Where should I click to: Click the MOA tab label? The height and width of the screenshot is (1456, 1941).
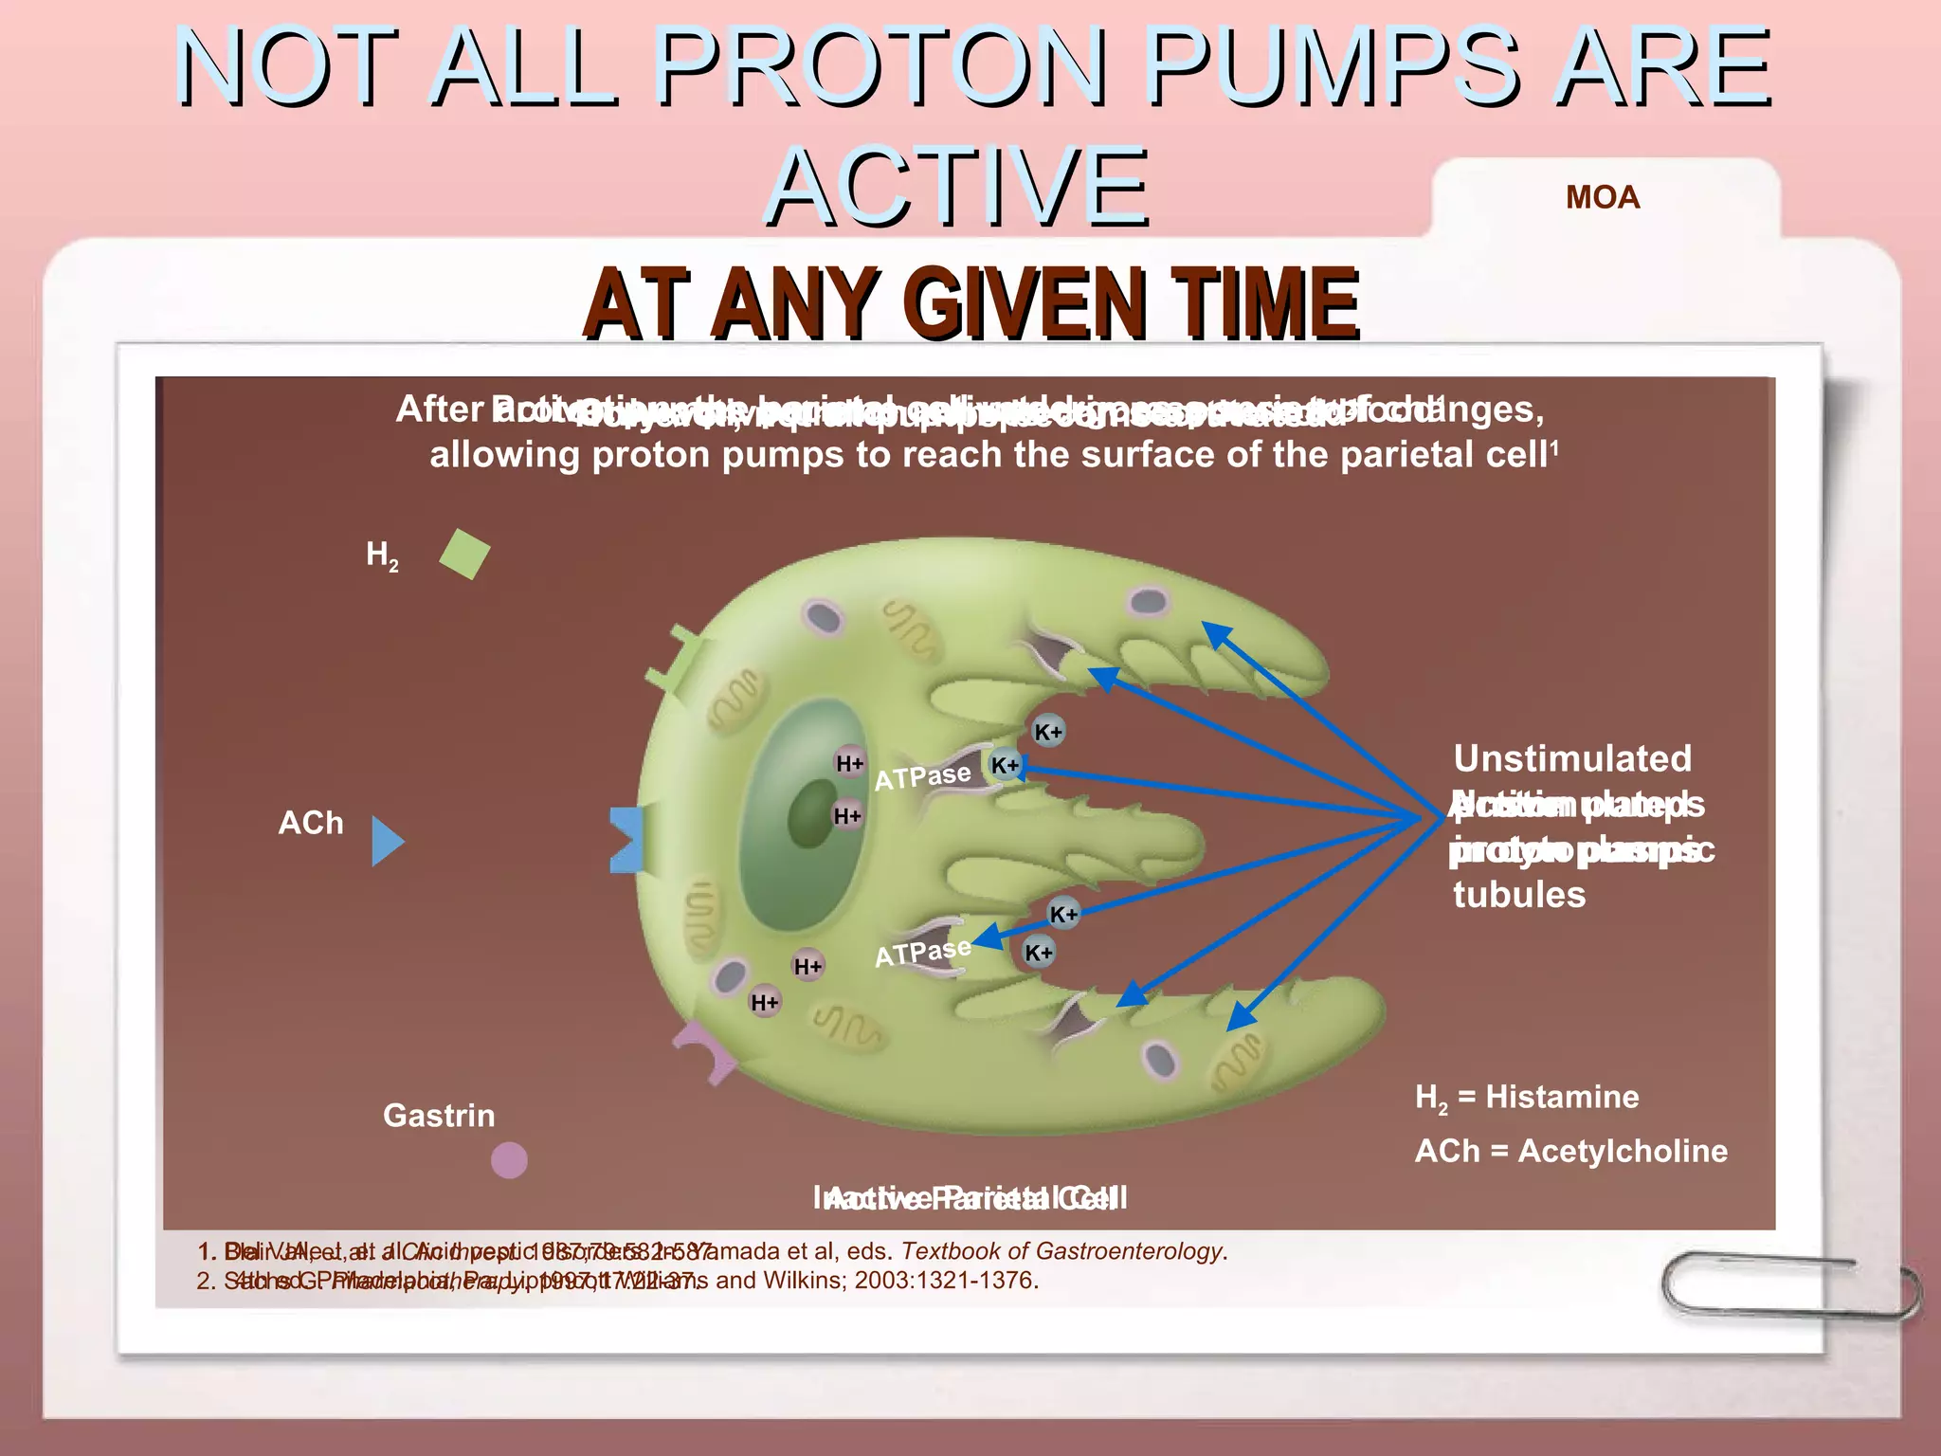(x=1602, y=197)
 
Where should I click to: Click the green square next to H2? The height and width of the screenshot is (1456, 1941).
(x=464, y=554)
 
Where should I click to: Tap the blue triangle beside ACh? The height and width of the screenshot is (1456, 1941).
(x=386, y=841)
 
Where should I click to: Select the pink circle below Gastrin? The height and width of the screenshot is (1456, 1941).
(x=509, y=1159)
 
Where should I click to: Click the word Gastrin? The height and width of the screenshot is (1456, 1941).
(x=439, y=1116)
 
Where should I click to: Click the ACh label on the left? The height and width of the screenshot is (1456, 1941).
(x=311, y=823)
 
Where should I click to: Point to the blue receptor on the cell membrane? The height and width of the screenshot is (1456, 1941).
(x=626, y=840)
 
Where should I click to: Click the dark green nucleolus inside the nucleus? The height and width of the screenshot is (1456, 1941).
(x=812, y=814)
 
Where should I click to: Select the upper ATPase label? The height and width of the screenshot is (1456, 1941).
(x=922, y=777)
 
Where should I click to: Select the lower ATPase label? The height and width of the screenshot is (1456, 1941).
(x=922, y=953)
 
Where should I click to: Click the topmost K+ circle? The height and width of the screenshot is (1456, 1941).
(x=1048, y=732)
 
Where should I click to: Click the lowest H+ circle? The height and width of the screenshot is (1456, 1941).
(x=765, y=1002)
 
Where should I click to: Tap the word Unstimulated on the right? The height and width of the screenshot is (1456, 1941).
(x=1572, y=758)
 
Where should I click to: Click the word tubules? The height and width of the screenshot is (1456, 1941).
(x=1519, y=895)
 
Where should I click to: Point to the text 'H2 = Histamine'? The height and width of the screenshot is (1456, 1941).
(x=1527, y=1098)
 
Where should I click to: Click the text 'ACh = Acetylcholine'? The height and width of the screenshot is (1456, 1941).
(x=1570, y=1151)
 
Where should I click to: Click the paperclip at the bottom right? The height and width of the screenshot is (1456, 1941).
(x=1790, y=1284)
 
